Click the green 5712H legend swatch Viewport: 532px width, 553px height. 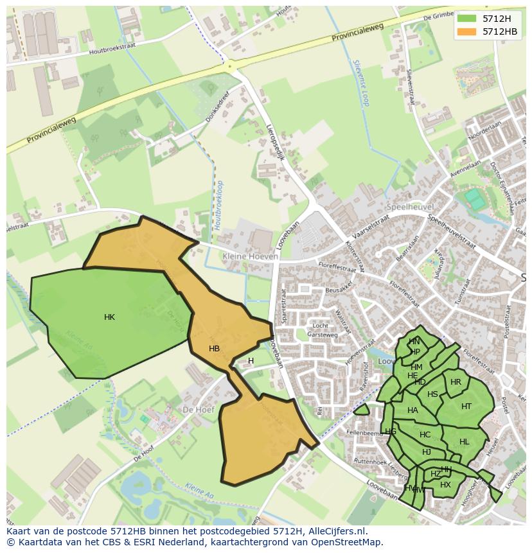tap(466, 18)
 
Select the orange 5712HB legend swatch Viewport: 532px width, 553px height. tap(466, 31)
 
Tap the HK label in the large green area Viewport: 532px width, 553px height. tap(109, 317)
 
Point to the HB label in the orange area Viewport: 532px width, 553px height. tap(214, 349)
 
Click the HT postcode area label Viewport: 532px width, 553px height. tap(466, 406)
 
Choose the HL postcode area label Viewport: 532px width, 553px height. tap(465, 442)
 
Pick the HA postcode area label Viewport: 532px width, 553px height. tap(412, 410)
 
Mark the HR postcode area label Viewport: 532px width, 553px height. tap(456, 382)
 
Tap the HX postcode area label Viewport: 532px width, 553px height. tap(445, 485)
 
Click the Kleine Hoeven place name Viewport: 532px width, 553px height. tap(250, 256)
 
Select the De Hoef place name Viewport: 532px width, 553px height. tap(197, 409)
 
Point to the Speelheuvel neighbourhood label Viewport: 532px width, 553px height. tap(410, 207)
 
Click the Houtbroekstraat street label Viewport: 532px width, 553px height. tap(114, 51)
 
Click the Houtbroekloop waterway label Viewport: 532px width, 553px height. tap(219, 205)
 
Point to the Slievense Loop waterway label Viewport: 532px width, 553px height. tap(361, 83)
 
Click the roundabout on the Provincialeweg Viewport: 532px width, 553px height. tap(229, 66)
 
